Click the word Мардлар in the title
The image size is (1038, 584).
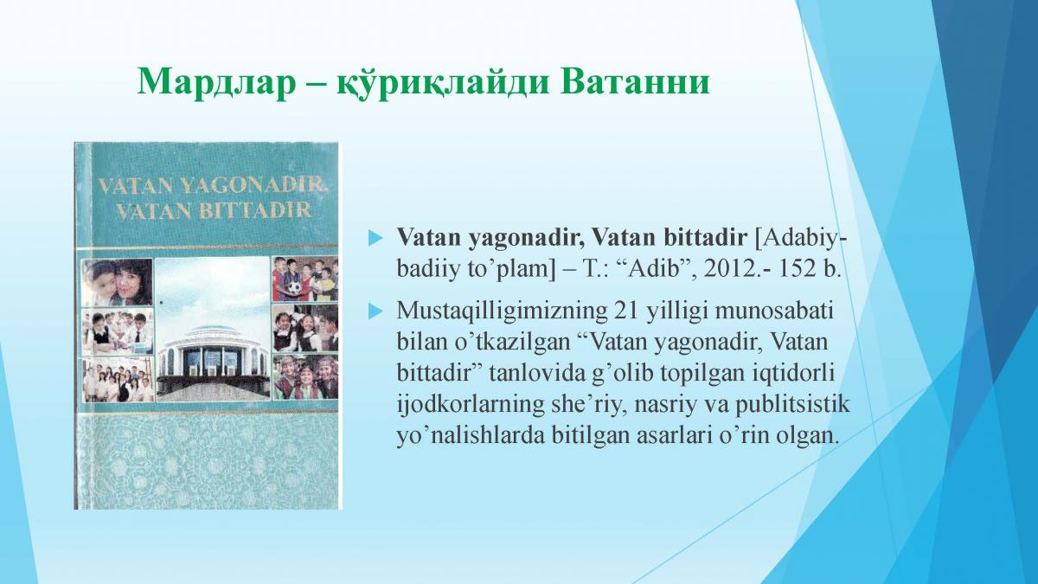[x=216, y=81]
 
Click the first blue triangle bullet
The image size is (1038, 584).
[x=375, y=238]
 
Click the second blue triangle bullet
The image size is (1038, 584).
[x=375, y=311]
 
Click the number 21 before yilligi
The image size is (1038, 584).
[x=626, y=311]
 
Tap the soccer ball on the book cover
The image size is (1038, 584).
[x=293, y=288]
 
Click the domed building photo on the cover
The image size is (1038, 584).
[x=212, y=328]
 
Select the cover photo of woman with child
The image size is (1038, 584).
[x=117, y=282]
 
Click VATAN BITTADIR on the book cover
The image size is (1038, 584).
[x=215, y=210]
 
